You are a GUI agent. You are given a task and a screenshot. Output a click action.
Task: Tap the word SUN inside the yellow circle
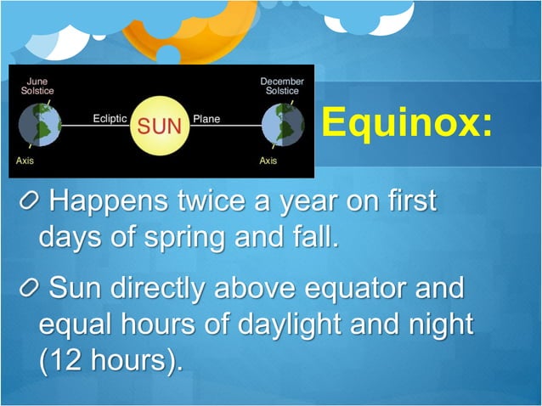pos(161,126)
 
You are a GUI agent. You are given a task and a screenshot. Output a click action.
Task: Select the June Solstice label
pos(37,87)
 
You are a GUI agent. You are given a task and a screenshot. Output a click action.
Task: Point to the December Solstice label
pos(281,87)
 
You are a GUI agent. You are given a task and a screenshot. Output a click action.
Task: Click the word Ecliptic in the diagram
pos(110,120)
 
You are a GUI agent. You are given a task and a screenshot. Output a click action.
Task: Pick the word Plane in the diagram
pos(206,120)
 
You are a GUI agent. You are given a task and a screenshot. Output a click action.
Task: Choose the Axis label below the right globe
pos(268,161)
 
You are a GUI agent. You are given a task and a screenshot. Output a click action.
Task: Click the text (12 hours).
pos(110,359)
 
